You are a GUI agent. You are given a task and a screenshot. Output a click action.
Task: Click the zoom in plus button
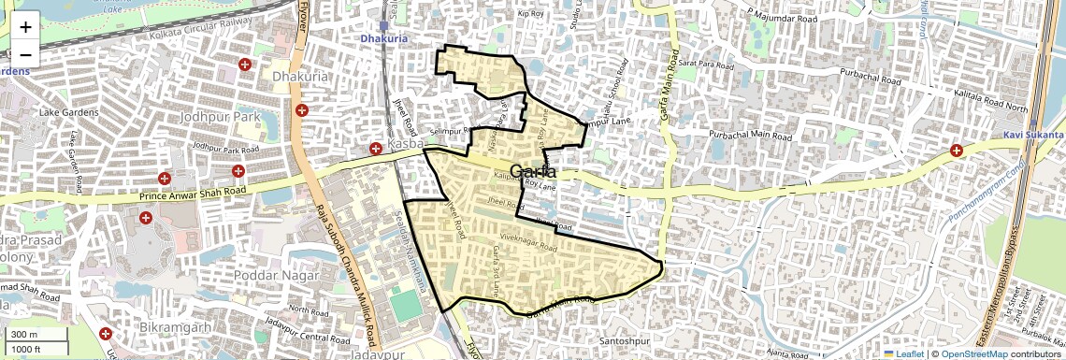pos(25,26)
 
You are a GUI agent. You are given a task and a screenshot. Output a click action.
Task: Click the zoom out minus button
pos(25,54)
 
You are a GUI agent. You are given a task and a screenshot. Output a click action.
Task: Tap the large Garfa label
pos(534,172)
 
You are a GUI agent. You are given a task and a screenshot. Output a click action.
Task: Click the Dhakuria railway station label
pos(384,39)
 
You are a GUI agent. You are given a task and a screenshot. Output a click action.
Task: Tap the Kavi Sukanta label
pos(1033,136)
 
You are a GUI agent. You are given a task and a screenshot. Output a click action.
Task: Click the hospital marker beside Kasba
pos(375,149)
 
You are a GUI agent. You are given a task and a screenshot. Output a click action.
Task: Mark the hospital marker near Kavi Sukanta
pos(957,151)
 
